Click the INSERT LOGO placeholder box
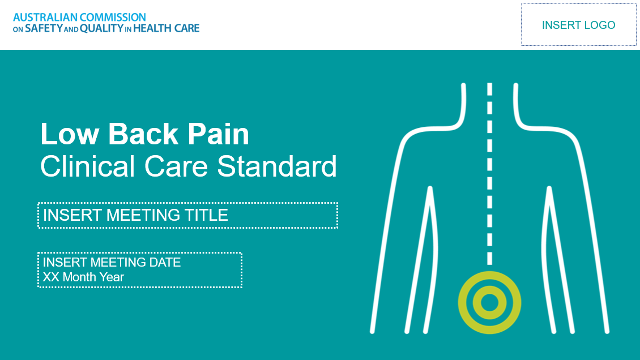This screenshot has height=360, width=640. point(578,25)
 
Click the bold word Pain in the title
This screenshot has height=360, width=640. point(218,135)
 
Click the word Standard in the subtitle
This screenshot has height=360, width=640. point(277,166)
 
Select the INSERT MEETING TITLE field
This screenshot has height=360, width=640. point(187,215)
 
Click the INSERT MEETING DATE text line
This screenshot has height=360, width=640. point(112,263)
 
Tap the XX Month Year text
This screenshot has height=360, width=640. point(83,277)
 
